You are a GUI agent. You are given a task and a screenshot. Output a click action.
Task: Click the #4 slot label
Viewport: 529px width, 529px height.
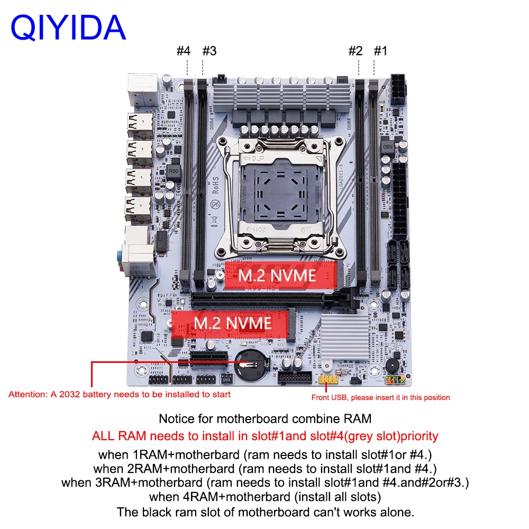[x=183, y=51]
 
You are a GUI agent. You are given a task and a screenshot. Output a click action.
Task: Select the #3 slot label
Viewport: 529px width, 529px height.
[x=209, y=51]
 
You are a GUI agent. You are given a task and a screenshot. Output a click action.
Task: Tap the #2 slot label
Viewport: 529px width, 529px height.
[x=355, y=51]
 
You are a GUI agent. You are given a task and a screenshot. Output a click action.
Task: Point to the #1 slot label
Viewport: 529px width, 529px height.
[x=381, y=51]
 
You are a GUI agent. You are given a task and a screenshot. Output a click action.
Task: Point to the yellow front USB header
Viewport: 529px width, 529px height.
[x=329, y=380]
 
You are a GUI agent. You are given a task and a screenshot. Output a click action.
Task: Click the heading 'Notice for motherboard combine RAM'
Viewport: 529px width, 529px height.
[x=265, y=418]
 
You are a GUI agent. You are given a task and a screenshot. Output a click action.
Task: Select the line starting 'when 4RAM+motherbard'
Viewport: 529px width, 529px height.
[x=264, y=497]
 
